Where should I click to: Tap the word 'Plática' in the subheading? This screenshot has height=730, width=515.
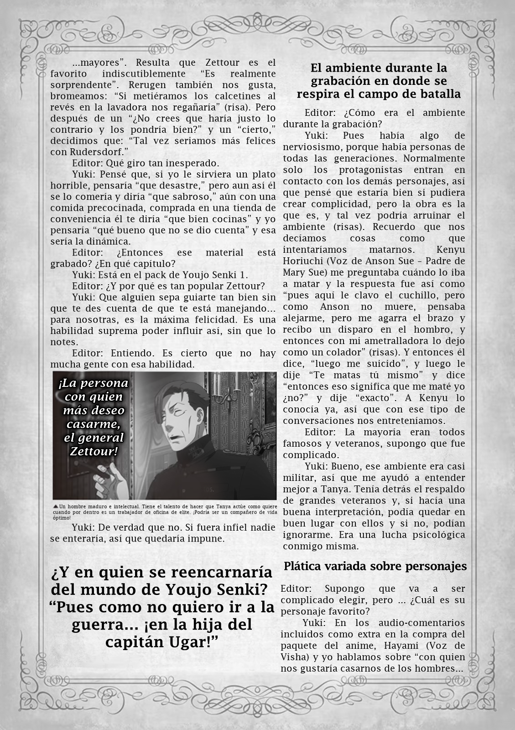302,566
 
